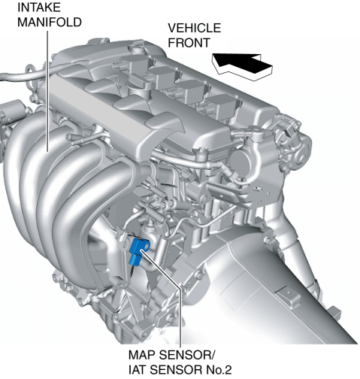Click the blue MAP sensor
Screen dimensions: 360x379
pos(138,250)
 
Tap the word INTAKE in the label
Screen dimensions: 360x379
pos(39,8)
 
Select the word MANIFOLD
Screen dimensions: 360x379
pos(50,22)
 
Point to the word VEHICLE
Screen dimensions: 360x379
pos(194,28)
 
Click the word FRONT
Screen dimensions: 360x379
pos(189,43)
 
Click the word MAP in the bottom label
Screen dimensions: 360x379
pos(142,355)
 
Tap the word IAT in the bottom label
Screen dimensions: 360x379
pos(138,370)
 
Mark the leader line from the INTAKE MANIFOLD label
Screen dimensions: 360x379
pos(47,91)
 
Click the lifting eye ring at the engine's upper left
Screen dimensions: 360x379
pos(32,71)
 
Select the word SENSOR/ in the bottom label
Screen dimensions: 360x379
pos(188,355)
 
